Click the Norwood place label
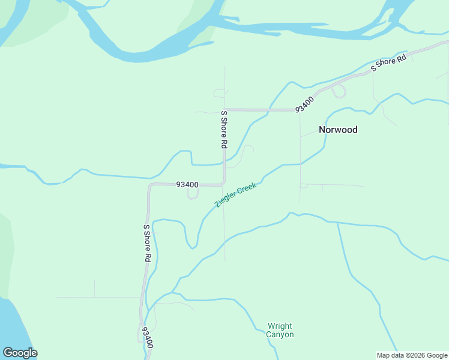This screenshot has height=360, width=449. [x=338, y=130]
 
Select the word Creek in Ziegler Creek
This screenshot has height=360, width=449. [x=247, y=188]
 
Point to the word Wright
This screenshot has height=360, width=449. [x=280, y=326]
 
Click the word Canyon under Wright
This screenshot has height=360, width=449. [x=280, y=334]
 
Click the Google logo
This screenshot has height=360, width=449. [x=20, y=353]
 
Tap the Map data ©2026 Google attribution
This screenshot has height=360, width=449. [x=412, y=355]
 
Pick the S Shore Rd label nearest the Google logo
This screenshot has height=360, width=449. [x=146, y=243]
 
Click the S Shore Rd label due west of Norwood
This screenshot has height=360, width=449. [x=224, y=129]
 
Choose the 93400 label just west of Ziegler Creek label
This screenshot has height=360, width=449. [x=187, y=185]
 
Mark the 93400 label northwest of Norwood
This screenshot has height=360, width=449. [x=304, y=104]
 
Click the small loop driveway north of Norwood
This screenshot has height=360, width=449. [x=339, y=91]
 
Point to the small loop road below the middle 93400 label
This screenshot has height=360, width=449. [x=192, y=194]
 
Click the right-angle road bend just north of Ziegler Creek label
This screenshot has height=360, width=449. [x=223, y=182]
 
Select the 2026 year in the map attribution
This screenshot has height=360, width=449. [x=417, y=355]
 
